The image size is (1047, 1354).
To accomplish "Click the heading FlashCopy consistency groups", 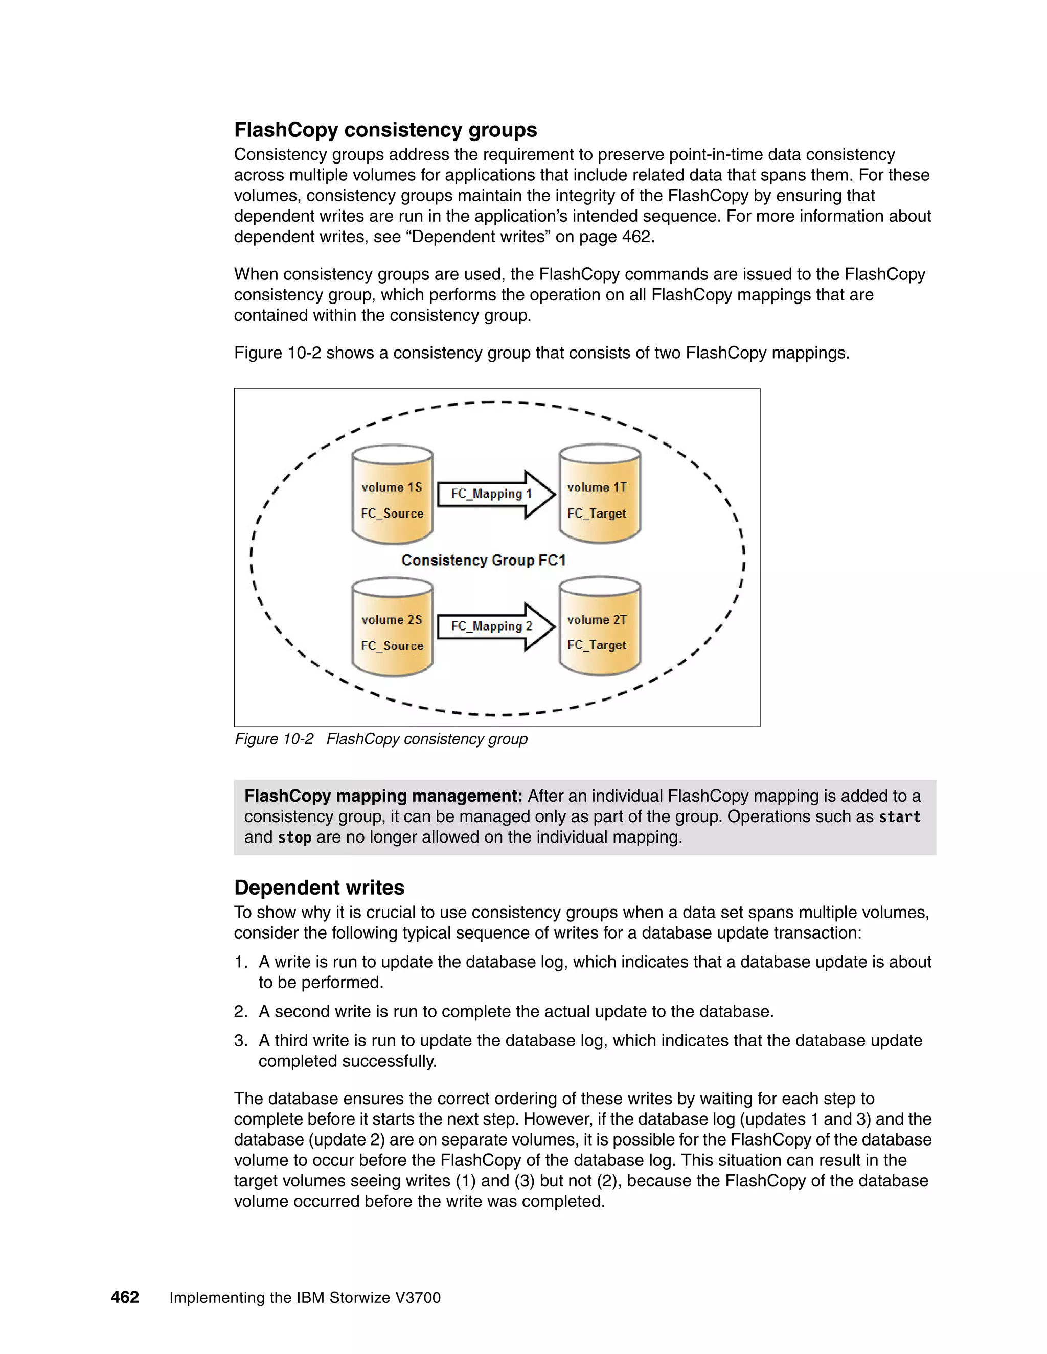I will [385, 130].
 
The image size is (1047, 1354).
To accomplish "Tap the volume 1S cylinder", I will [392, 494].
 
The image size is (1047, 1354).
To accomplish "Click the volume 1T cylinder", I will [599, 494].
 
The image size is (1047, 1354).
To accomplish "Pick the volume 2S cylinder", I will [392, 626].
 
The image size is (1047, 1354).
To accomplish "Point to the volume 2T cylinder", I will [599, 626].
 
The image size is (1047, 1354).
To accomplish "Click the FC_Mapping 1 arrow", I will [495, 494].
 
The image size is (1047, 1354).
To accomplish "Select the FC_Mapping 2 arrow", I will [495, 626].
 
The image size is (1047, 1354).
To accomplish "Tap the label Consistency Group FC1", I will [483, 561].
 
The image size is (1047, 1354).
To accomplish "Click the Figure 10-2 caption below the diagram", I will [381, 739].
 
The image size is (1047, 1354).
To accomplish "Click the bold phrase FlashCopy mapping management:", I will [383, 796].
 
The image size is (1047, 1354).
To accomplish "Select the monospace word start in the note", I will [899, 817].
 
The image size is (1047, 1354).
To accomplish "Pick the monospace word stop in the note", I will [294, 837].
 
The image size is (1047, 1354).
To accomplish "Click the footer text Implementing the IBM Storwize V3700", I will [305, 1298].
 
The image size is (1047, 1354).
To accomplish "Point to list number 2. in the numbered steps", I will [241, 1012].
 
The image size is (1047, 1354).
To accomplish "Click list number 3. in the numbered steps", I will [241, 1041].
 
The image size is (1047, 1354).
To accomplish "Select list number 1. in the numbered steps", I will [241, 962].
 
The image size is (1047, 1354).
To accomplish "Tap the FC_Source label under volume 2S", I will [392, 646].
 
